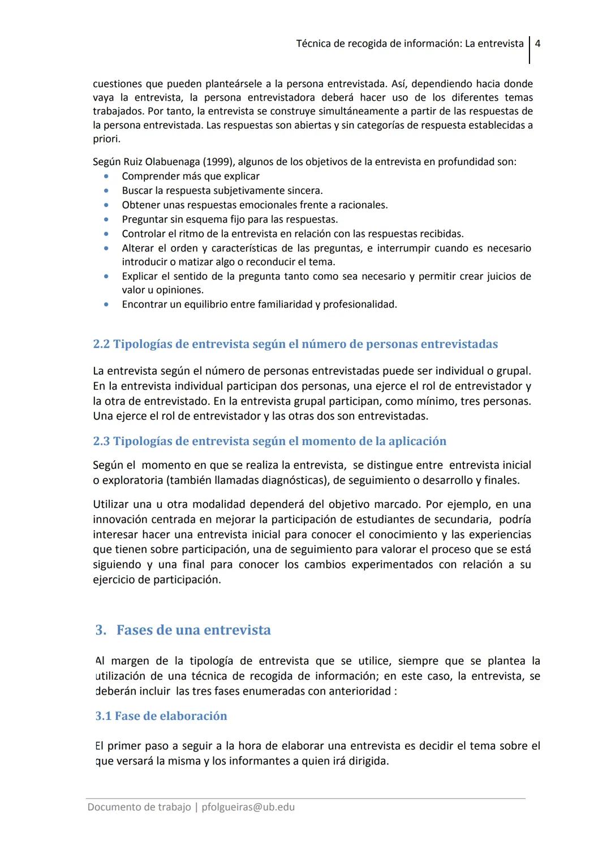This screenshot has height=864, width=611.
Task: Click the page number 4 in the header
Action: click(x=537, y=44)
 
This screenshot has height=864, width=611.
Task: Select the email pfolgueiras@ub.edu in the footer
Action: click(x=248, y=807)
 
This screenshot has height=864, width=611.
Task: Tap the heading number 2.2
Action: click(x=101, y=344)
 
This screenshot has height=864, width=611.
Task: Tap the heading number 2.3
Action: click(x=101, y=441)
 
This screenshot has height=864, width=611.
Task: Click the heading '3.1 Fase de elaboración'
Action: click(x=161, y=716)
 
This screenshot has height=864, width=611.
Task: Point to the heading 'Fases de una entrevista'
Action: click(x=193, y=630)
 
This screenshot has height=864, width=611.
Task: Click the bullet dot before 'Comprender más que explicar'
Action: click(x=106, y=176)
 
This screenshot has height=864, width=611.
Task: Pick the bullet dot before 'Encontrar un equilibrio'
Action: click(x=106, y=304)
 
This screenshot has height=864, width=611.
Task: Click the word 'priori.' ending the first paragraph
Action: click(x=106, y=139)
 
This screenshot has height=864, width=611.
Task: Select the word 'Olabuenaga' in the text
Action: click(x=170, y=162)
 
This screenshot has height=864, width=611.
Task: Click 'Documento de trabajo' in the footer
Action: click(x=139, y=807)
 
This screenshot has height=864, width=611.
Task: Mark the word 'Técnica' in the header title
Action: click(x=313, y=44)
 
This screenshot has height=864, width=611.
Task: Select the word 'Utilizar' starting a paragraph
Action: click(x=111, y=504)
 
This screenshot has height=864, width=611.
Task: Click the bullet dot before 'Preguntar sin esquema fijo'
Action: click(x=106, y=219)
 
